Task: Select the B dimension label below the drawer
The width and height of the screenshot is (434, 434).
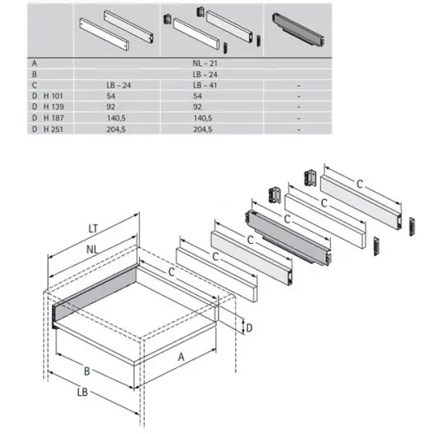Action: [87, 371]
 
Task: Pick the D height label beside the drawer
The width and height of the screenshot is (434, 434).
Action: [249, 328]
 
